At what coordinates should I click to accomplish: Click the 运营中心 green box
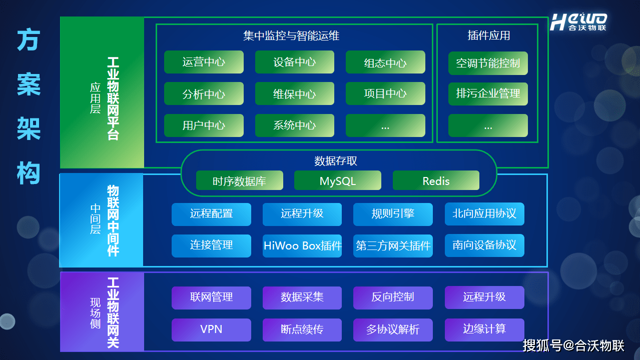[x=204, y=62]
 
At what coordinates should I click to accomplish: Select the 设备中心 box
[x=294, y=62]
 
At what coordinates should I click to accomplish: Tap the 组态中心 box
[x=385, y=62]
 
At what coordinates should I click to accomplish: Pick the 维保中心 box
[x=294, y=93]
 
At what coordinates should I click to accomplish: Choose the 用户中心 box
[x=204, y=125]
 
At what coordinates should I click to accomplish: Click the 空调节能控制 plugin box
[x=488, y=63]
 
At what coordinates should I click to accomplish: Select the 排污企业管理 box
[x=488, y=93]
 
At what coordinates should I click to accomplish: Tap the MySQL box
[x=338, y=180]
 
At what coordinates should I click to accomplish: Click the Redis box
[x=436, y=180]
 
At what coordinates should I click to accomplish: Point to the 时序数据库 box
[x=239, y=180]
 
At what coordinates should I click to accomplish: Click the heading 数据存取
[x=336, y=161]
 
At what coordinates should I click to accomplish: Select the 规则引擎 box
[x=393, y=214]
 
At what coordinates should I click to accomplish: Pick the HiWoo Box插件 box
[x=302, y=245]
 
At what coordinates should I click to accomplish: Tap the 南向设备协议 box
[x=484, y=245]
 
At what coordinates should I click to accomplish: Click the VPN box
[x=211, y=329]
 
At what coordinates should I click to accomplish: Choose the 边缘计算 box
[x=484, y=329]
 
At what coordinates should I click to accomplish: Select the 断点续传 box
[x=302, y=329]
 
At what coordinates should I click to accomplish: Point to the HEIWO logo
[x=578, y=22]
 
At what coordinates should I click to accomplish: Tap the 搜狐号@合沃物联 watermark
[x=573, y=345]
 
